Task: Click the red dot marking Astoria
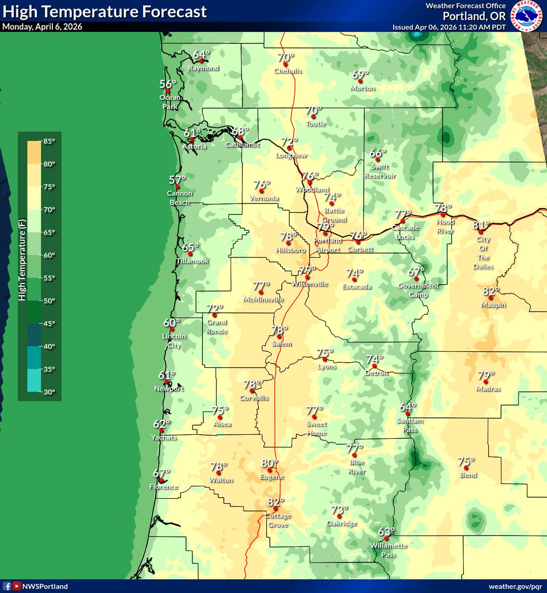[x=192, y=139]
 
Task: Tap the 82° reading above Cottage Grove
[x=275, y=502]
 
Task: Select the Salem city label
[x=282, y=344]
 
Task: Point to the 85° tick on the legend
[x=49, y=141]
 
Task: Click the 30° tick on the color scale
[x=49, y=392]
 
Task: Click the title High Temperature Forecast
[x=105, y=11]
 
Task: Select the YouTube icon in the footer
[x=17, y=587]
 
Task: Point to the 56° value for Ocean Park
[x=168, y=84]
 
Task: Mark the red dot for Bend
[x=466, y=467]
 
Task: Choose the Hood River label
[x=445, y=226]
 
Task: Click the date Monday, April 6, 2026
[x=42, y=27]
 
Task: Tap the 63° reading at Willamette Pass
[x=387, y=532]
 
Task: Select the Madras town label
[x=488, y=389]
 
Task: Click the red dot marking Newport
[x=166, y=382]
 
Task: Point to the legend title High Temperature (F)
[x=22, y=260]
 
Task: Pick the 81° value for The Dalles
[x=481, y=225]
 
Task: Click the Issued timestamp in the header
[x=449, y=27]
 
